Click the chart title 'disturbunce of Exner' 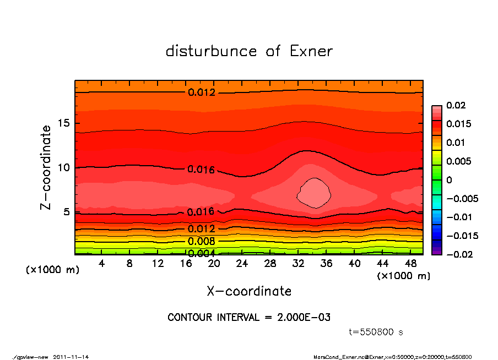tap(249, 51)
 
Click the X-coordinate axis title tap(249, 291)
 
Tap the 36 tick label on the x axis tap(326, 264)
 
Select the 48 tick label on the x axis tap(411, 264)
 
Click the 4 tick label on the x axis tap(102, 264)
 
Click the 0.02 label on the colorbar tap(456, 105)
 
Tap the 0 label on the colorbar tap(450, 180)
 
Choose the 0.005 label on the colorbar tap(459, 161)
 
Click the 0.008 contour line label tap(201, 241)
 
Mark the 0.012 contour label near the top tap(202, 92)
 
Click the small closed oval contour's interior tap(315, 193)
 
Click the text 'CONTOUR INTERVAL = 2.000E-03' tap(249, 318)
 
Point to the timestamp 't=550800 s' tap(376, 332)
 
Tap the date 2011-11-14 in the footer tap(71, 357)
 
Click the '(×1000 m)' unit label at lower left tap(50, 270)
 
